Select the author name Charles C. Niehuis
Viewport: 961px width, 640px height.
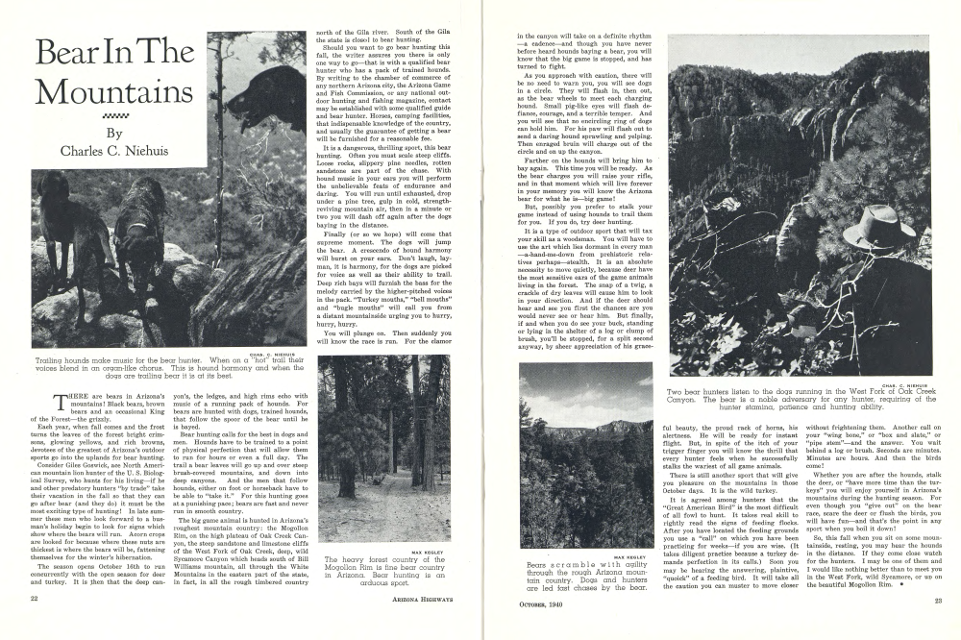(114, 150)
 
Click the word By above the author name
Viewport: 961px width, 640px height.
(114, 134)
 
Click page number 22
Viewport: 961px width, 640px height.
(34, 625)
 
